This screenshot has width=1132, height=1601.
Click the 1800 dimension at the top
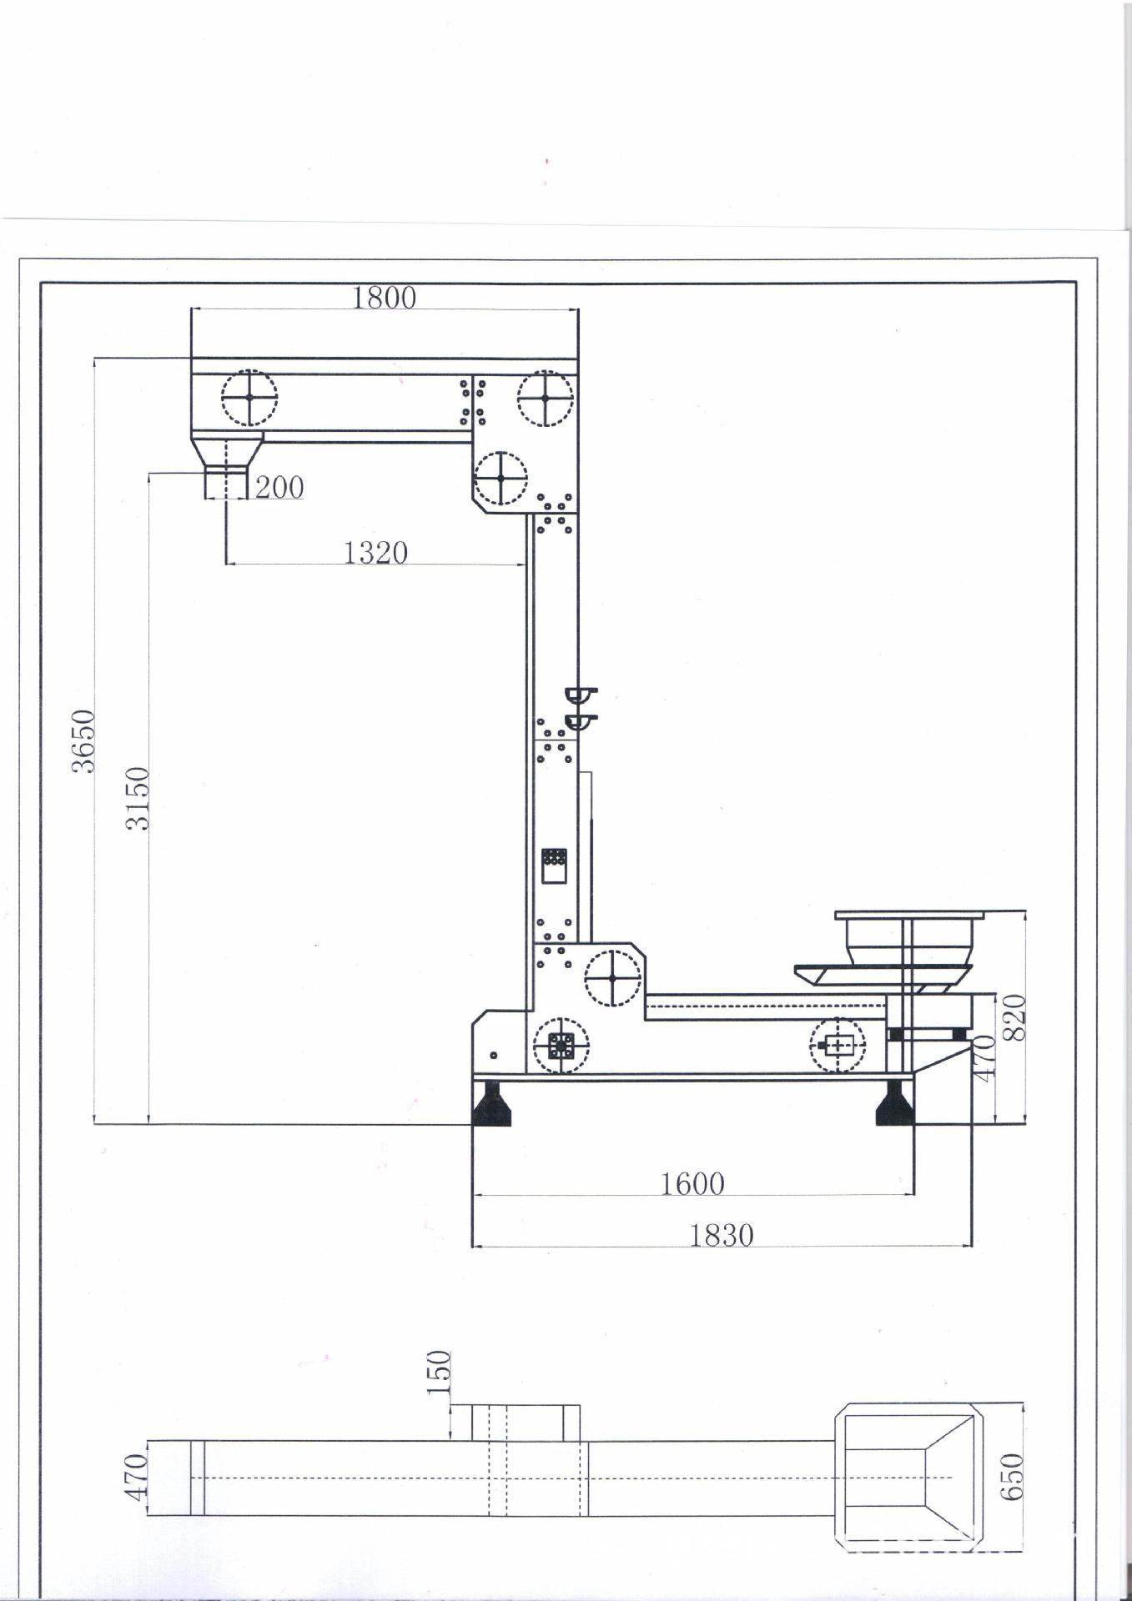click(x=384, y=297)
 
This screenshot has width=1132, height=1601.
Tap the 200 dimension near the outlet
click(x=279, y=487)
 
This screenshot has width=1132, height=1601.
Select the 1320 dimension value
click(x=376, y=552)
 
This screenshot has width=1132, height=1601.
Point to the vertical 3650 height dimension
click(x=84, y=741)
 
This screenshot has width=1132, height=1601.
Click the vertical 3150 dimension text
click(x=137, y=799)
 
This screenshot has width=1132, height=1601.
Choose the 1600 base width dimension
click(x=693, y=1183)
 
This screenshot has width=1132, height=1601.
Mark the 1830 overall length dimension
click(x=722, y=1235)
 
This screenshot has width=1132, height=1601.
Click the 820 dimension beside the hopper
click(x=1014, y=1016)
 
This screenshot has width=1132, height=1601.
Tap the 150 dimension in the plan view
click(x=439, y=1373)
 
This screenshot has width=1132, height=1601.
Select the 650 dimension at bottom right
click(x=1012, y=1476)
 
